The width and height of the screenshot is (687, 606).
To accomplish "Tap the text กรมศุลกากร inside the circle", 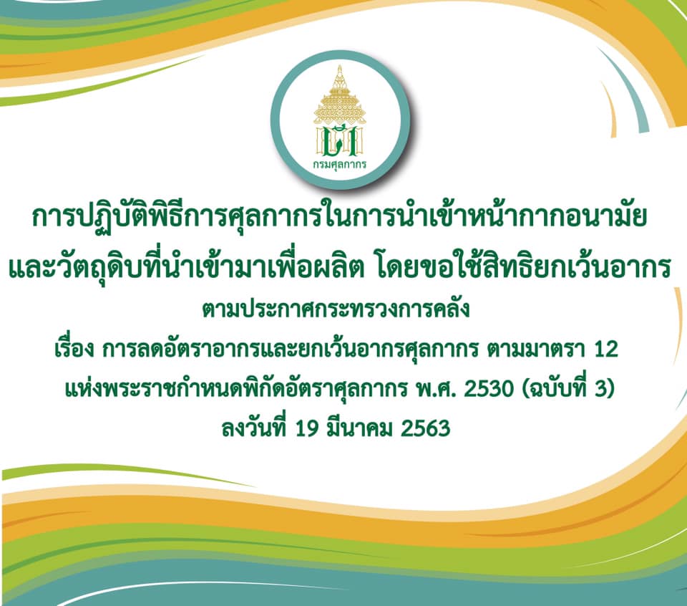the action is click(x=340, y=165).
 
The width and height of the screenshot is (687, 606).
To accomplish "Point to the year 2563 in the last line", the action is click(x=425, y=428).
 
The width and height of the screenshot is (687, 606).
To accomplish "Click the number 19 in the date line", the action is click(x=307, y=428).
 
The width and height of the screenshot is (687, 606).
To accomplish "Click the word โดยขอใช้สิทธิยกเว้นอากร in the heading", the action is click(x=524, y=266).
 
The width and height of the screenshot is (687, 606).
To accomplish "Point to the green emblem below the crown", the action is click(x=340, y=141).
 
